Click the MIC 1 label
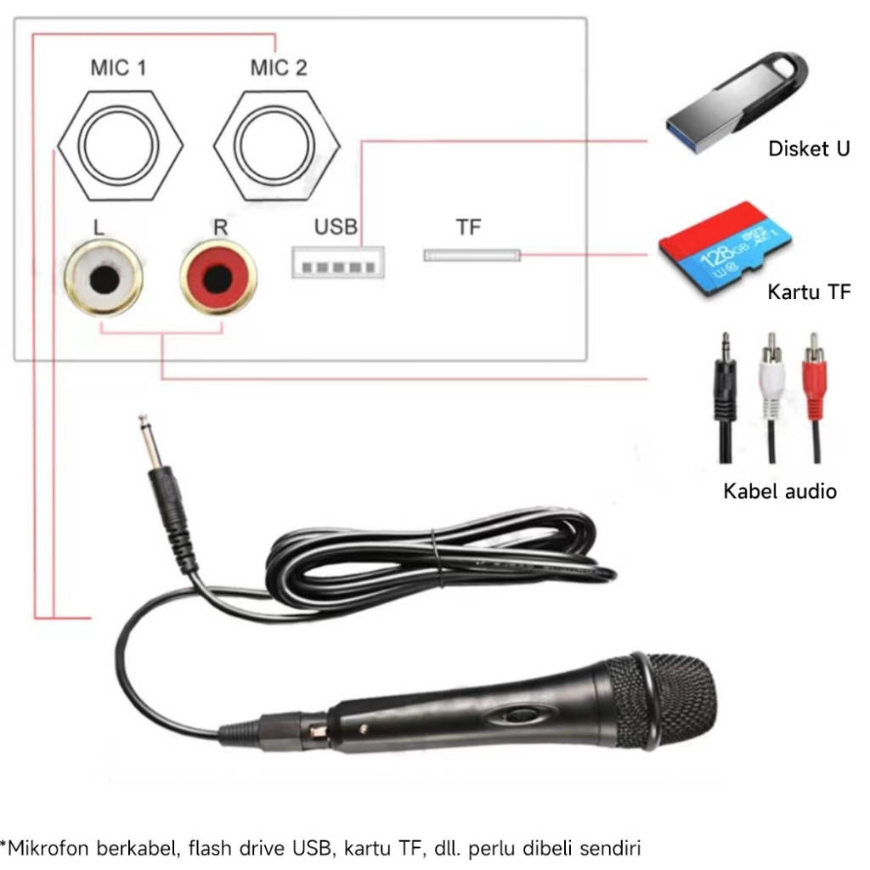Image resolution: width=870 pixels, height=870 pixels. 118,68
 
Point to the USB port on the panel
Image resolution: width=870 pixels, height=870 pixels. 337,262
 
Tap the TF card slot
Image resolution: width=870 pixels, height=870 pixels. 472,255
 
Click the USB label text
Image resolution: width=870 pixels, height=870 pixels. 336,228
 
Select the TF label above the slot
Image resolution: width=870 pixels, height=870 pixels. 468,227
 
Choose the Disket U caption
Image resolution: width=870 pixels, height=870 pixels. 809,149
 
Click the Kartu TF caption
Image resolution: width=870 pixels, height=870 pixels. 809,292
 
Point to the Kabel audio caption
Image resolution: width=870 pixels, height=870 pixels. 780,490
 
